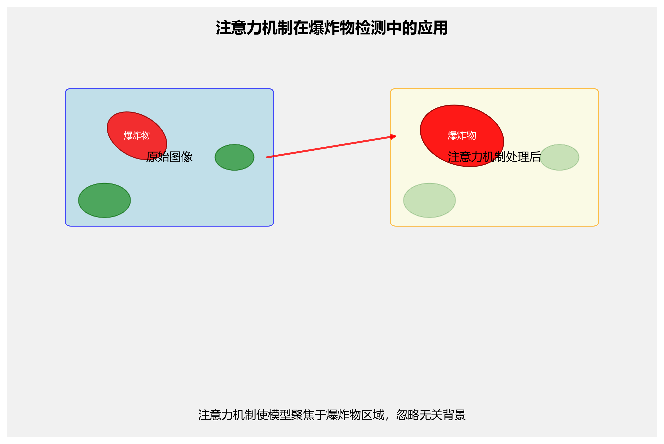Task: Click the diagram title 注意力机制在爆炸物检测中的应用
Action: pyautogui.click(x=332, y=28)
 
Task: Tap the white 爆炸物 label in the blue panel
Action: pyautogui.click(x=137, y=136)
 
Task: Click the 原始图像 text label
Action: pyautogui.click(x=169, y=157)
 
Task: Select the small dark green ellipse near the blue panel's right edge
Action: pyautogui.click(x=235, y=157)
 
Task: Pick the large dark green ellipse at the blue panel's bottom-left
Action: pyautogui.click(x=105, y=200)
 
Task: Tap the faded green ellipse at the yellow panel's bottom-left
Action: pyautogui.click(x=429, y=200)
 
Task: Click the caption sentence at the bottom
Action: pyautogui.click(x=332, y=415)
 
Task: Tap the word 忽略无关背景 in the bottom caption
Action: pyautogui.click(x=431, y=415)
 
